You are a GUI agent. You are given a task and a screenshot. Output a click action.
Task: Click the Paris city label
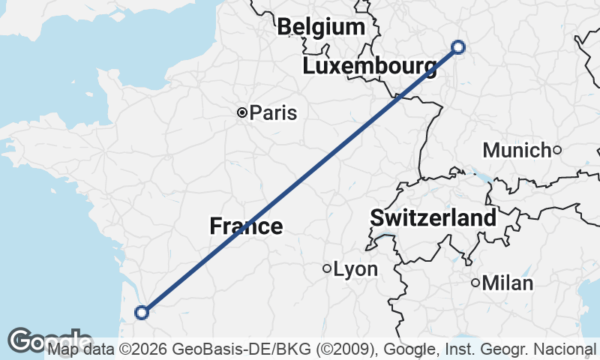coord(273,113)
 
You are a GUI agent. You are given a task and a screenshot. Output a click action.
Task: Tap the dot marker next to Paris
coord(242,112)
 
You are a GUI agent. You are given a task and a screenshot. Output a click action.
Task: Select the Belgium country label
coord(321,28)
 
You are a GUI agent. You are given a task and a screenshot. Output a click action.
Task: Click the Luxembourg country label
coord(370,67)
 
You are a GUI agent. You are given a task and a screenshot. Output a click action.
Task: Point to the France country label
coord(246,226)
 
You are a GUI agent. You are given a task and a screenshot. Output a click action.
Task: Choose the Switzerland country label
coord(433,219)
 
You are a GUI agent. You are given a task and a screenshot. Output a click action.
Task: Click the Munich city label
coord(517,150)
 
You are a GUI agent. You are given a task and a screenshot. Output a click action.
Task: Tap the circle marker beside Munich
coord(557,150)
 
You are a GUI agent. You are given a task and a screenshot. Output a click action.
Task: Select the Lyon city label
coord(355,269)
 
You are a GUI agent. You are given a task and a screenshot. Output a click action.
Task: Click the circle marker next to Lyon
coord(327,268)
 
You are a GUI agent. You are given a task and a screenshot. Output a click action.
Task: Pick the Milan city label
coord(508,283)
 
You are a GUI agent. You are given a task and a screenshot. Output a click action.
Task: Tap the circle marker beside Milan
coord(475,283)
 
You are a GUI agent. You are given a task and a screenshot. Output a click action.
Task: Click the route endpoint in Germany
coord(458,47)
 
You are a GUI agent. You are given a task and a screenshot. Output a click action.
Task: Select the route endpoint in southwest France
coord(141,312)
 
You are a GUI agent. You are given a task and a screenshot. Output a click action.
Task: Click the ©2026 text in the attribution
coord(142,349)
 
